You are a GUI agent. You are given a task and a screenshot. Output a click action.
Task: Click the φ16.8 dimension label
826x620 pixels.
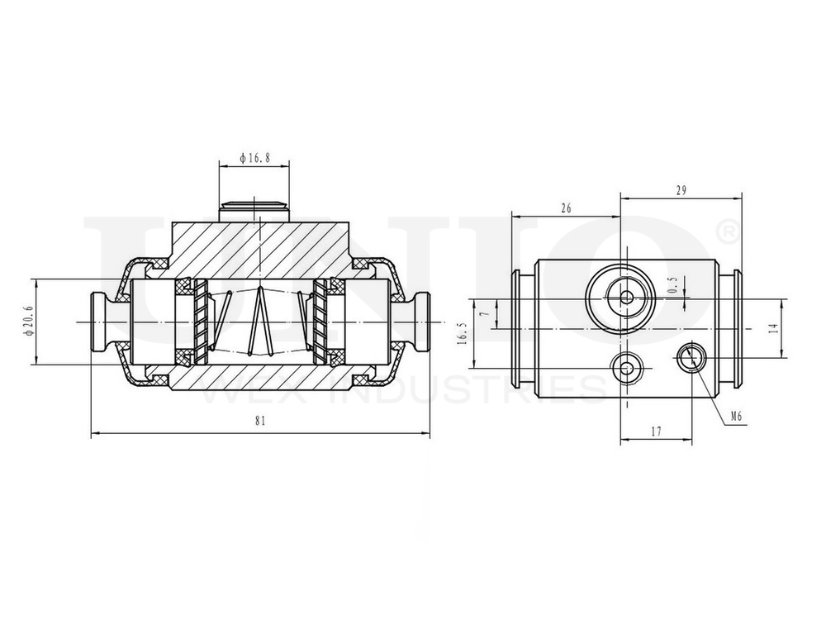254,157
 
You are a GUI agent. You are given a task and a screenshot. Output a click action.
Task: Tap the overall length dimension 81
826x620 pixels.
260,421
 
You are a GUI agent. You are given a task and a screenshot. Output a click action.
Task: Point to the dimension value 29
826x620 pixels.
681,190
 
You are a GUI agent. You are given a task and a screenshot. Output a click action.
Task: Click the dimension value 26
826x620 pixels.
566,208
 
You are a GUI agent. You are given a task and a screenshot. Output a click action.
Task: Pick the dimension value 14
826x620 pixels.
772,327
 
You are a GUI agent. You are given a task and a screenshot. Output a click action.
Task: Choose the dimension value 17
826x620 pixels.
656,431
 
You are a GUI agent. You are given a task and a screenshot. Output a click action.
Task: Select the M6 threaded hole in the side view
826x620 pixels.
690,358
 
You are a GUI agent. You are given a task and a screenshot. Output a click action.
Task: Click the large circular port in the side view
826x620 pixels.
625,297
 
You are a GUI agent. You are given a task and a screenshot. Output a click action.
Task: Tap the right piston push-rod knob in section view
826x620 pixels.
420,322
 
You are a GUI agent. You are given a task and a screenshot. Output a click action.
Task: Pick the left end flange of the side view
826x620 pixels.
520,328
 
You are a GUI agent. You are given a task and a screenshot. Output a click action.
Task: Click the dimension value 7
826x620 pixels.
487,314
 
